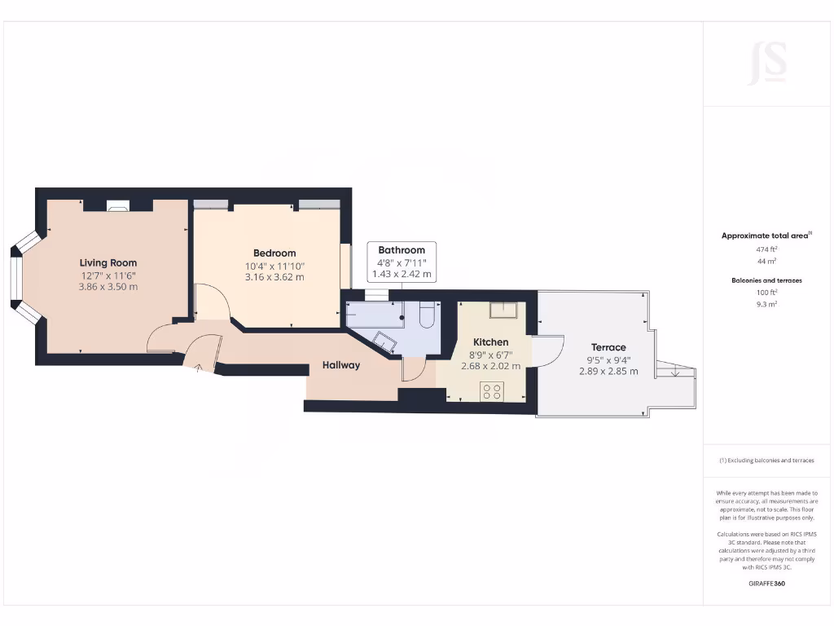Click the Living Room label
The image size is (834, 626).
click(x=108, y=262)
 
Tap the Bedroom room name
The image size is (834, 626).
click(x=274, y=253)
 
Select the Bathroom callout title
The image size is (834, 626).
click(x=402, y=250)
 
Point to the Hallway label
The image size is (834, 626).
click(x=340, y=365)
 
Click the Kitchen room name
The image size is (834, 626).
click(x=491, y=342)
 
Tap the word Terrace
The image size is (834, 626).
click(x=608, y=347)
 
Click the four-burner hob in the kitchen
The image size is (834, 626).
click(x=492, y=390)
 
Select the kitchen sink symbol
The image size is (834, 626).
click(x=503, y=310)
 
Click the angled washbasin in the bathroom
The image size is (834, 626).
click(x=385, y=341)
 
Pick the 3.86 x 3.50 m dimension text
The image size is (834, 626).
click(x=108, y=287)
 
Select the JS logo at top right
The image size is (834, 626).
click(x=767, y=63)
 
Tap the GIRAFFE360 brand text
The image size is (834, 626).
click(x=766, y=584)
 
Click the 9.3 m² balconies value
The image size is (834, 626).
click(x=766, y=303)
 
